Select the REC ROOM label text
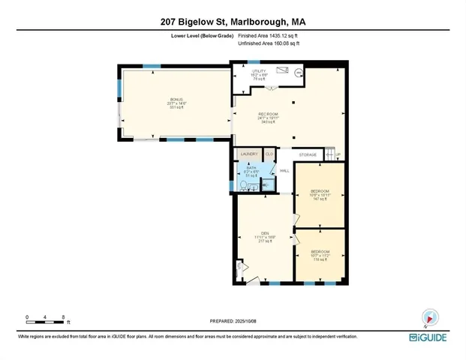(x=269, y=114)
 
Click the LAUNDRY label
(x=249, y=154)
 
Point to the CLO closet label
(x=269, y=154)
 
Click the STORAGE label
(x=308, y=154)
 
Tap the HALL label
(x=285, y=171)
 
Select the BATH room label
(x=251, y=169)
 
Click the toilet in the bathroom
(x=245, y=185)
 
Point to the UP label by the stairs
(x=338, y=155)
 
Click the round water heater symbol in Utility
(x=298, y=73)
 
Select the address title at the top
(x=233, y=22)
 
